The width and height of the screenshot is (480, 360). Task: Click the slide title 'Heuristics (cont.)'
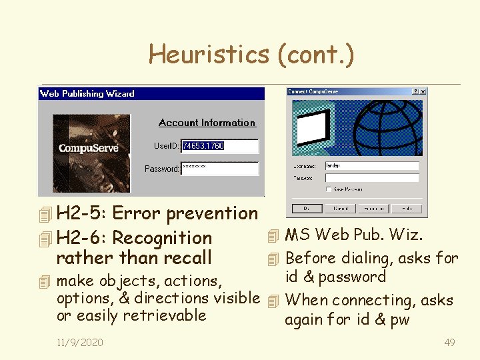point(251,54)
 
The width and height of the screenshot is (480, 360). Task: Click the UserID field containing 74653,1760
point(219,146)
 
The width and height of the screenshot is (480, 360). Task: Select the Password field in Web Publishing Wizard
point(219,169)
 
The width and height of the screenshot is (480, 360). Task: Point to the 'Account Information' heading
point(207,123)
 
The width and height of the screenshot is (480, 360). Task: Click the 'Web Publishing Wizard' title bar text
point(87,94)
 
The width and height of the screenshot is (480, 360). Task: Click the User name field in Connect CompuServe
point(371,166)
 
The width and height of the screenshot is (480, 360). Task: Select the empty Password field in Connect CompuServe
point(371,178)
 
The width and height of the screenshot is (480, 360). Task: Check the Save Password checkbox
point(328,189)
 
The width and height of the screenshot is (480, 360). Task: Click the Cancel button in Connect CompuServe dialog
point(341,209)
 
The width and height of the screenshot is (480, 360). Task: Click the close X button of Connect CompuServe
point(423,92)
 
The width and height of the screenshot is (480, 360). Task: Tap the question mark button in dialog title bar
point(415,92)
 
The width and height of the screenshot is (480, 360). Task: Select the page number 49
point(449,343)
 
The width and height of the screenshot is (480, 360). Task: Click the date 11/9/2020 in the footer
point(80,343)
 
